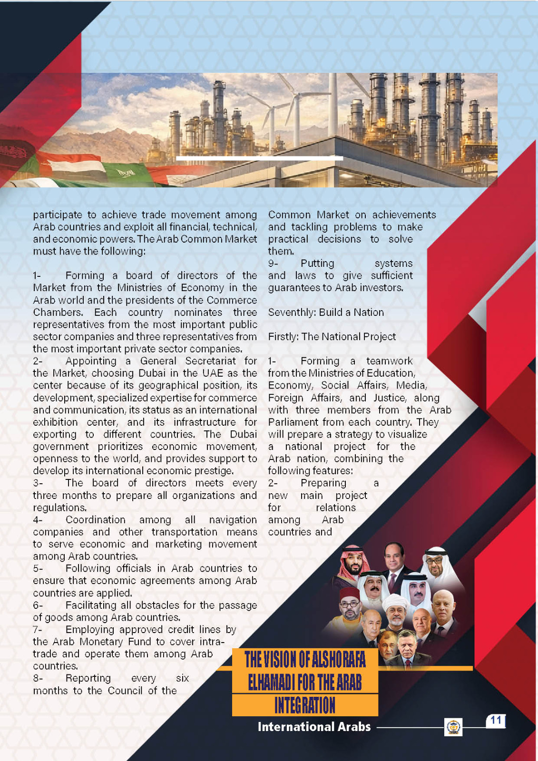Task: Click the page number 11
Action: [496, 720]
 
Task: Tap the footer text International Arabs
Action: [314, 727]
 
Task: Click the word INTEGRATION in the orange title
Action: [305, 705]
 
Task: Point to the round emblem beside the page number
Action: [453, 727]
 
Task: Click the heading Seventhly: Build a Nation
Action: [326, 312]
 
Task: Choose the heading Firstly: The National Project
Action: [332, 337]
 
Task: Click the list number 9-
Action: [273, 263]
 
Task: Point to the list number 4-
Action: [38, 520]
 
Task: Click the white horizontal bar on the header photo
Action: [259, 158]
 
